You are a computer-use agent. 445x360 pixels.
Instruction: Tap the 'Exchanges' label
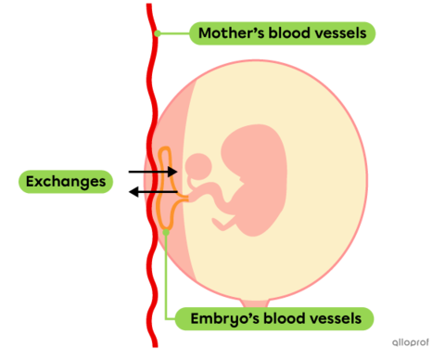(x=66, y=180)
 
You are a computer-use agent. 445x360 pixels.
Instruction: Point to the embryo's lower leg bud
(x=223, y=223)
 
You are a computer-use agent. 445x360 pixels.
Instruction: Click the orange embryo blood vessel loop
(x=167, y=186)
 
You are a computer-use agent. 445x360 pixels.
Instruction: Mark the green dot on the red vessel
(x=159, y=33)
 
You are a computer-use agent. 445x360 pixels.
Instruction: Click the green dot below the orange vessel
(x=165, y=232)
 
